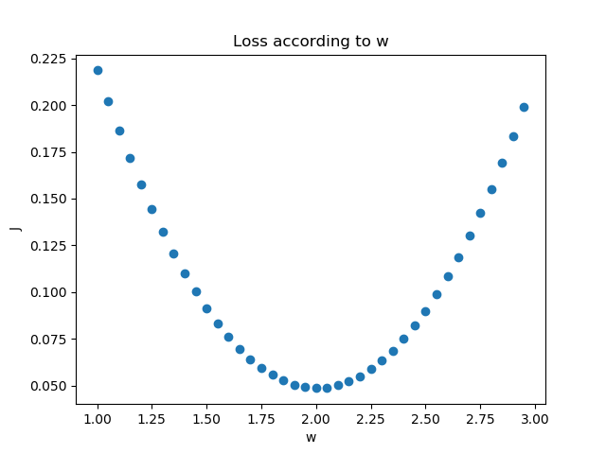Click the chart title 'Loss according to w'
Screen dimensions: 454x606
point(311,42)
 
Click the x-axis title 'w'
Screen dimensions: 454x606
point(311,437)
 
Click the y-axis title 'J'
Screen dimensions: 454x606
point(14,228)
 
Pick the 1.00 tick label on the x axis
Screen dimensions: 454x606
point(98,417)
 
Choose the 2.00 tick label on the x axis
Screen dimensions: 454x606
point(316,417)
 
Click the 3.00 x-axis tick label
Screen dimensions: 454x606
point(535,417)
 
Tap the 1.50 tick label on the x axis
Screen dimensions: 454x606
point(206,417)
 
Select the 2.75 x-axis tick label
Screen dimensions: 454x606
point(480,417)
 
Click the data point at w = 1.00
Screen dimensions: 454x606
point(98,70)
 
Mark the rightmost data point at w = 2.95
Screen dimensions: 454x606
point(524,107)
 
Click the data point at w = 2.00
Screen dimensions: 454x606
point(316,388)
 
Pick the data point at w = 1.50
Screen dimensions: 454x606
point(206,308)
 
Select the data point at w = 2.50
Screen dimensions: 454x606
point(425,311)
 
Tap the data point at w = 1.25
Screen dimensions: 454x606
point(151,209)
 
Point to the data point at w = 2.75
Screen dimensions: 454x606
point(480,213)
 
